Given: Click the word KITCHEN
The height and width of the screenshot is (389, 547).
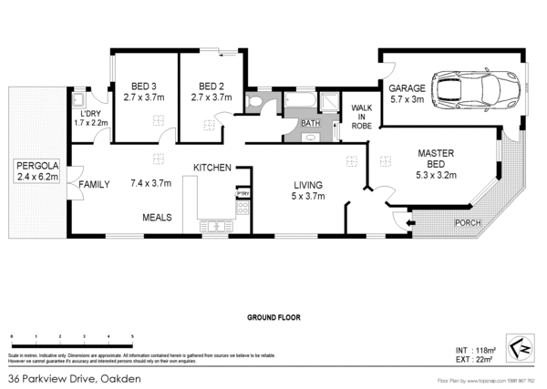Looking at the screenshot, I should tap(211, 168).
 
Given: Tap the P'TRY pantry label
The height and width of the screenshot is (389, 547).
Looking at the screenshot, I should tap(242, 193).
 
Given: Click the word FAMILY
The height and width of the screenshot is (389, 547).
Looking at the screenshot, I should tap(94, 184).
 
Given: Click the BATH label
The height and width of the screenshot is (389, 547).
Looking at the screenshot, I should tap(311, 124).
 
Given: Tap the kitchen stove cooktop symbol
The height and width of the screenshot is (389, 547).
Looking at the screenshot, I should tap(243, 207).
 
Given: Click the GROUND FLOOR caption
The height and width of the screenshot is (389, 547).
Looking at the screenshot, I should tap(273, 318).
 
